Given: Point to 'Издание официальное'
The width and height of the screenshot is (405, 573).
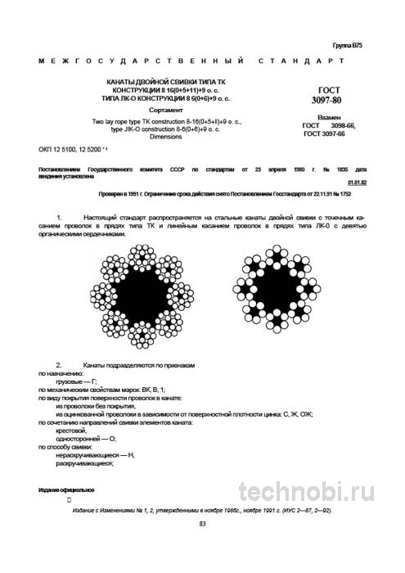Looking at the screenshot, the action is [x=66, y=489].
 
